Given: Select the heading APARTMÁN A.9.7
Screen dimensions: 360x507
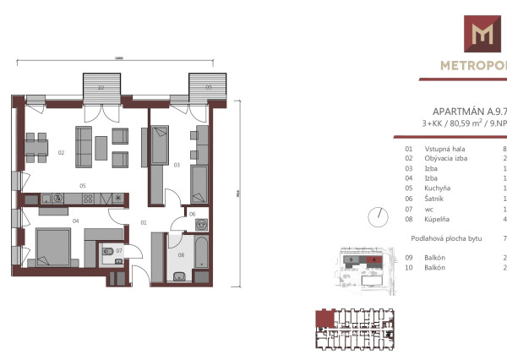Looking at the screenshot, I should [468, 111].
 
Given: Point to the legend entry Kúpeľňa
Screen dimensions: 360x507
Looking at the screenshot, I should [439, 219].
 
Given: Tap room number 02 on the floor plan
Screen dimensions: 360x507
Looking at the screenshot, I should [61, 153].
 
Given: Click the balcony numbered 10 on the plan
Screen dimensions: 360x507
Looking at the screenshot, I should [100, 87].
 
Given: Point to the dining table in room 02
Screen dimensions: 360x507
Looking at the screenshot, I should [35, 150].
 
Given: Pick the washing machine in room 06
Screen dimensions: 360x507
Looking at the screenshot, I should [201, 225].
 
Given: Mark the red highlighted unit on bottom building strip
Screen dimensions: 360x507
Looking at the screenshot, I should [322, 319].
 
